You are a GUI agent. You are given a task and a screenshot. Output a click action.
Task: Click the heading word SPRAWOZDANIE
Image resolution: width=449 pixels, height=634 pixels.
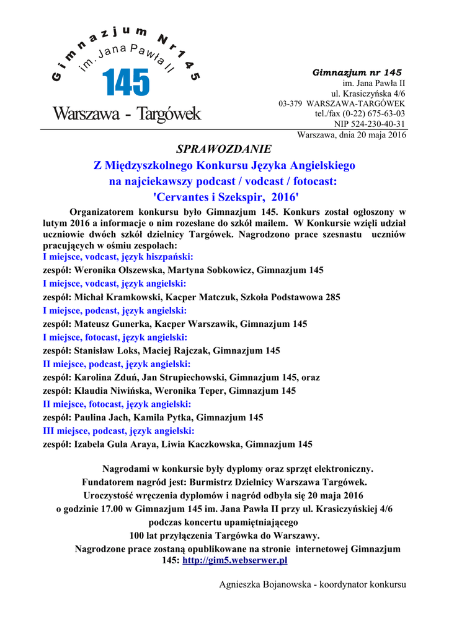[x=224, y=149]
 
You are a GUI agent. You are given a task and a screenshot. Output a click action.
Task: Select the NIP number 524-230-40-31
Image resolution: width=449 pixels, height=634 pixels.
[x=370, y=124]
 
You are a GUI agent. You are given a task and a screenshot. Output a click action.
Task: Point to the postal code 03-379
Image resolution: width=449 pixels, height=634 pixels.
[x=290, y=103]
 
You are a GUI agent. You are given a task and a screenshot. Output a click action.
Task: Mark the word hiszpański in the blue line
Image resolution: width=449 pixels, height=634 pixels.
[x=169, y=256]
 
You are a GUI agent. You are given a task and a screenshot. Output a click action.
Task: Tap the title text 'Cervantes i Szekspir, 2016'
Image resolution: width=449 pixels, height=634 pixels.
[x=224, y=197]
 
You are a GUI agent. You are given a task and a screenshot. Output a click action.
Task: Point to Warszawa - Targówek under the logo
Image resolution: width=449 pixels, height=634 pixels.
[x=127, y=115]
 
